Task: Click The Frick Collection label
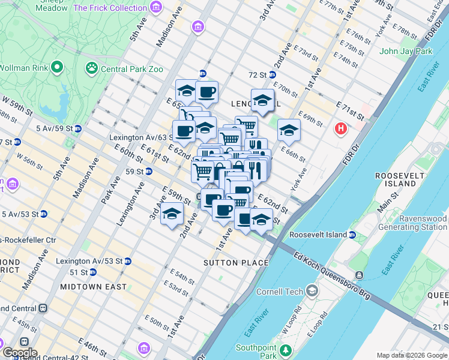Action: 109,8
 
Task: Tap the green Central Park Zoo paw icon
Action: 92,68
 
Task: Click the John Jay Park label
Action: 406,51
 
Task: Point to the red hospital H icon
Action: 341,128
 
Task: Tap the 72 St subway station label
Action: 258,75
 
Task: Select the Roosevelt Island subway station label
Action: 318,235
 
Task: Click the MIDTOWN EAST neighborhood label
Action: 93,287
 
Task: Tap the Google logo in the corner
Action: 19,352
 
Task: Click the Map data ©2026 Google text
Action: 411,355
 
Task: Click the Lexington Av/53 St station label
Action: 89,262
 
